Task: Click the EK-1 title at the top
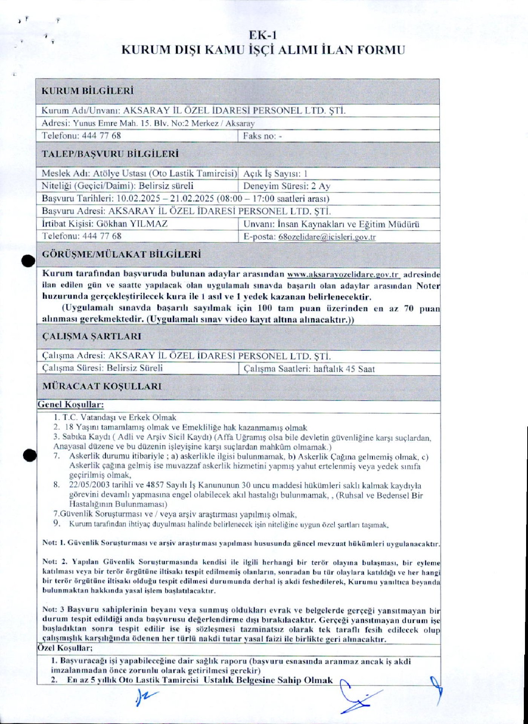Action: pyautogui.click(x=263, y=35)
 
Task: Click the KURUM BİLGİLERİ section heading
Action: pyautogui.click(x=87, y=91)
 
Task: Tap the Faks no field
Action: pyautogui.click(x=262, y=136)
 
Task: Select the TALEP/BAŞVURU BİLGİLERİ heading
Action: pyautogui.click(x=110, y=154)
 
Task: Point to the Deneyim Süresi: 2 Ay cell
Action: pyautogui.click(x=287, y=186)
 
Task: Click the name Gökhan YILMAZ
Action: pyautogui.click(x=132, y=224)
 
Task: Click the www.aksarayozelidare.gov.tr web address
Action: pyautogui.click(x=343, y=275)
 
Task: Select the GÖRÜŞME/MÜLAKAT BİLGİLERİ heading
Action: pyautogui.click(x=121, y=255)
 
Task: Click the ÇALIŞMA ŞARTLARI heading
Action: pyautogui.click(x=92, y=336)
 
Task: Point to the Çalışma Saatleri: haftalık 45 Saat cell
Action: pyautogui.click(x=309, y=369)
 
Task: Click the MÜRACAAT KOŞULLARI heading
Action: pyautogui.click(x=102, y=387)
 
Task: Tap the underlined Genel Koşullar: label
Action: pyautogui.click(x=70, y=405)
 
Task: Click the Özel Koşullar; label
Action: pyautogui.click(x=65, y=648)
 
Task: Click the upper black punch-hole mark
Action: pyautogui.click(x=28, y=261)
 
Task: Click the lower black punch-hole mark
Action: pyautogui.click(x=29, y=456)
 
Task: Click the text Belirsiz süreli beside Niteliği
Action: pyautogui.click(x=166, y=186)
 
